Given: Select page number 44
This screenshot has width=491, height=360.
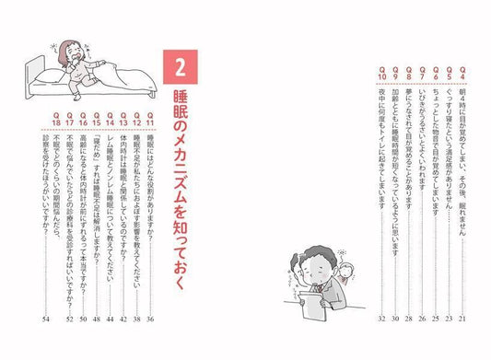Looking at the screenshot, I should point(109,319).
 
